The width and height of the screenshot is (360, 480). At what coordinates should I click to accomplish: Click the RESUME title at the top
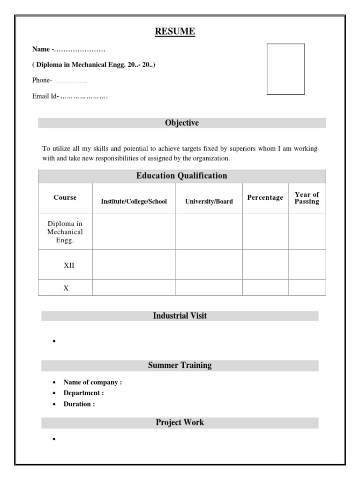[175, 31]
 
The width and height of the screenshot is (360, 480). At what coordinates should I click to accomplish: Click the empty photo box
[285, 69]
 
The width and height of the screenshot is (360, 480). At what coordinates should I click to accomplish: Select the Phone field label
[42, 80]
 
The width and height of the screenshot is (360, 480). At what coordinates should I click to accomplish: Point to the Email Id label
[45, 97]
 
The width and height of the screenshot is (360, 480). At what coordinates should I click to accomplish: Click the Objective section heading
[181, 123]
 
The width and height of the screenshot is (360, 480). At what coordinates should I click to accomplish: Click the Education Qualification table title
[181, 176]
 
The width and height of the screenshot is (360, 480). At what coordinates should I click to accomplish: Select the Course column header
[65, 197]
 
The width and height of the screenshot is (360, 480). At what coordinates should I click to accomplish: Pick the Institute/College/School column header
[134, 202]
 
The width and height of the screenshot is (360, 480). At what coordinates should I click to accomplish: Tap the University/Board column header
[209, 202]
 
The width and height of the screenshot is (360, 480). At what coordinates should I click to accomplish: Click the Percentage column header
[265, 197]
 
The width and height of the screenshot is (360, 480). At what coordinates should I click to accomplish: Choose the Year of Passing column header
[307, 198]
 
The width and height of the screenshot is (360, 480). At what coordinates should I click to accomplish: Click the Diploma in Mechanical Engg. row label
[65, 232]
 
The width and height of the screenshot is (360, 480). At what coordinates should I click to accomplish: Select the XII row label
[69, 265]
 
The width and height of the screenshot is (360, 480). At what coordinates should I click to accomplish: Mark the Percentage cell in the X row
[265, 288]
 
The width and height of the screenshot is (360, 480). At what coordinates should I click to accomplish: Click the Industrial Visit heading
[180, 316]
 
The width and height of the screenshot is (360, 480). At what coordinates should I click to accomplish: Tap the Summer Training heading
[180, 365]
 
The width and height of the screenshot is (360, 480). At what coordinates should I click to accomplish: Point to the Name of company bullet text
[92, 382]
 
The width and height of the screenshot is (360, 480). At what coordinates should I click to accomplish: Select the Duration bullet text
[79, 404]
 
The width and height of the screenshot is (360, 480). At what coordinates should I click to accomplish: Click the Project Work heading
[180, 422]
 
